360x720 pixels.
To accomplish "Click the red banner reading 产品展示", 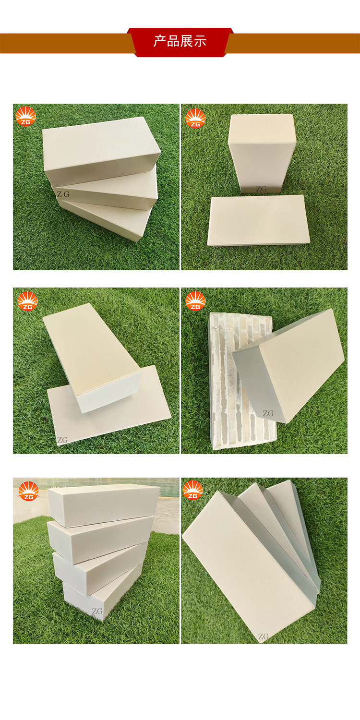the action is [180, 42].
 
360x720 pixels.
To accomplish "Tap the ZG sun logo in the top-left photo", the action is [26, 116].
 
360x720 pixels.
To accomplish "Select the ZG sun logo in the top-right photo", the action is [195, 118].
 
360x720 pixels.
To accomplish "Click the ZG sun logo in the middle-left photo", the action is [28, 301].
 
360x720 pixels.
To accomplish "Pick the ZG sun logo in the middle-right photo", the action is [195, 301].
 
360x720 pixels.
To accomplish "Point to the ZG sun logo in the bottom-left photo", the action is [29, 491].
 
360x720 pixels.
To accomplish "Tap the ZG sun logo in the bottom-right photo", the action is [193, 490].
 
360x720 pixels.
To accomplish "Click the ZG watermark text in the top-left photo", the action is [63, 194].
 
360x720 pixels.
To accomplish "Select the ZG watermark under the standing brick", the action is [261, 189].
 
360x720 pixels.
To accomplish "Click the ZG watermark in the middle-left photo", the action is [62, 440].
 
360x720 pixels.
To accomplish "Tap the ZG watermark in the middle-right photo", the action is [268, 413].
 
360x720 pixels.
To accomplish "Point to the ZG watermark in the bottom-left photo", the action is [97, 611].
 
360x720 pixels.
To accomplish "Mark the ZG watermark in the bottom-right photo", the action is [263, 636].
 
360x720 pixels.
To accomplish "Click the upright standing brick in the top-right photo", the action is [262, 153].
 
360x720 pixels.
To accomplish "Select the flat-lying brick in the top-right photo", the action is [258, 220].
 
